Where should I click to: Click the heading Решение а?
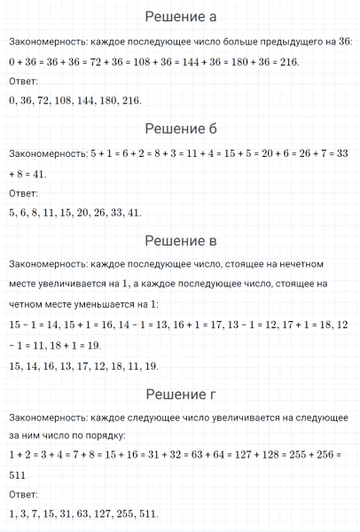point(180,17)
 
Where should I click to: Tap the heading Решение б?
point(180,129)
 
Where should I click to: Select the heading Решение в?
point(180,240)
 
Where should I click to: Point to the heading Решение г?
point(180,394)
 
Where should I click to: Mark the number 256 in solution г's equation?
point(322,456)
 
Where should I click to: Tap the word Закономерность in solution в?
point(44,264)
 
